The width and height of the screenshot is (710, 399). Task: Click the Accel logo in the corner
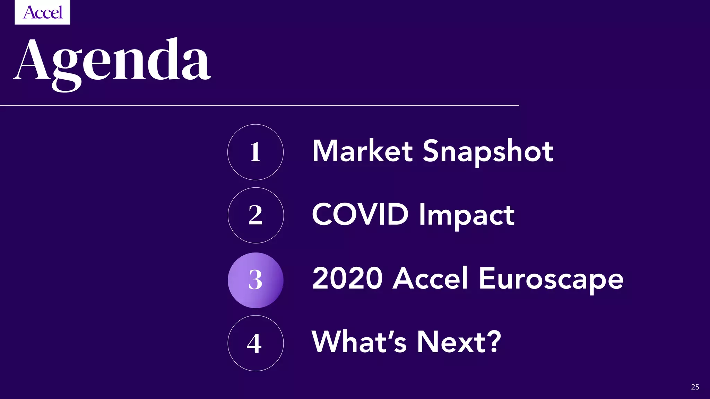[x=42, y=12]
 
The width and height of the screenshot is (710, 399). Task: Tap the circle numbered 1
[x=256, y=152]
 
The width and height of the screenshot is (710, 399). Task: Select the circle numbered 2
[x=256, y=215]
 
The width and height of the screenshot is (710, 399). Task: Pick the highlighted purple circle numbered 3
[x=256, y=280]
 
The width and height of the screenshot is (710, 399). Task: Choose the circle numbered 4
[x=256, y=343]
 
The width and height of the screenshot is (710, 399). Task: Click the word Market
[x=363, y=151]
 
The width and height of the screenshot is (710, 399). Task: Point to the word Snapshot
[x=488, y=152]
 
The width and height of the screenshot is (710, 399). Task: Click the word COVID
[x=360, y=214]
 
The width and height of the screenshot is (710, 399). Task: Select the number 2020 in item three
[x=347, y=278]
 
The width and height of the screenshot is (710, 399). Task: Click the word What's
[x=359, y=342]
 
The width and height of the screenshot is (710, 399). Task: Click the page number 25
[x=695, y=387]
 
